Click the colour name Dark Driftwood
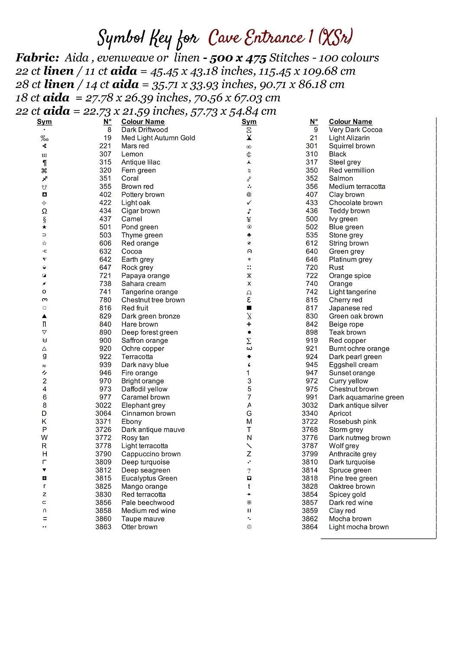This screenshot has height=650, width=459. [x=144, y=130]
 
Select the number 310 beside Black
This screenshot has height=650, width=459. [x=311, y=154]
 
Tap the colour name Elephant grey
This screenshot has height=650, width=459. [x=143, y=405]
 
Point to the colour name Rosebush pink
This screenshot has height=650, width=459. [x=352, y=421]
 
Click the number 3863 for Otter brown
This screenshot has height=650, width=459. [x=103, y=527]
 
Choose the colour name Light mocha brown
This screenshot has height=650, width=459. [x=359, y=527]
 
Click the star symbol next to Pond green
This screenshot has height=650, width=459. [x=44, y=227]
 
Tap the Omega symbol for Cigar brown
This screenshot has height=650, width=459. [x=44, y=211]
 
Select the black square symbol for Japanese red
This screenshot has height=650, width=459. [x=249, y=308]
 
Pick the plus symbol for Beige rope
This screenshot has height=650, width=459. [x=249, y=324]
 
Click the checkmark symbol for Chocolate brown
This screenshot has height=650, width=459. [x=249, y=202]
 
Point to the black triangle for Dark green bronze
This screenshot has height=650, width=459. [x=44, y=316]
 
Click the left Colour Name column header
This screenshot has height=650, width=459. [x=142, y=122]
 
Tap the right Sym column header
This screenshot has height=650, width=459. [x=249, y=122]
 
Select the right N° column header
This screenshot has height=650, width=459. [x=314, y=122]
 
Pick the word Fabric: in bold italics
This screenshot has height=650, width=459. [x=37, y=58]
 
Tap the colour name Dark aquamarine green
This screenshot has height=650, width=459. [x=366, y=397]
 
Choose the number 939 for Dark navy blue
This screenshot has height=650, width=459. [x=105, y=365]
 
